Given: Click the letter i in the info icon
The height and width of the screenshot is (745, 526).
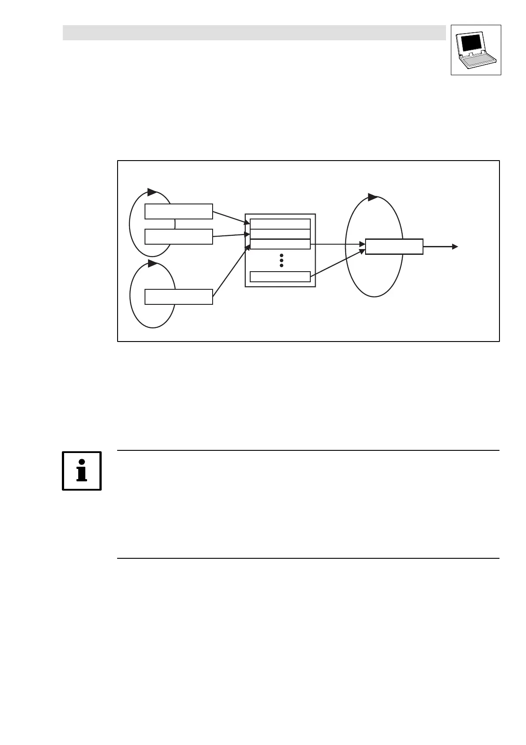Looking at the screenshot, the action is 82,471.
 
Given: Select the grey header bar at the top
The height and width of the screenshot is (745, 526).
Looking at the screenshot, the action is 254,33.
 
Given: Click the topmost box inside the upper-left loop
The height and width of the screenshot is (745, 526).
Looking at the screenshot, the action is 179,211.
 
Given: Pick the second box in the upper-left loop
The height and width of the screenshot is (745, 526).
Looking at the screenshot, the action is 179,237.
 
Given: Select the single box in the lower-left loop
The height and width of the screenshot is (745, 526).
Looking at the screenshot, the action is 179,297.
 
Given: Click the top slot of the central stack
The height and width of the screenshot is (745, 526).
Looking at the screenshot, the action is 280,224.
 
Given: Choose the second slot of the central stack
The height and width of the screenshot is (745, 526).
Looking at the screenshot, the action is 280,234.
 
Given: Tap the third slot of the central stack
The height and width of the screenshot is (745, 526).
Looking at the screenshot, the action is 280,244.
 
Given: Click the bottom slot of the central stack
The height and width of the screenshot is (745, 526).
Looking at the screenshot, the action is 280,277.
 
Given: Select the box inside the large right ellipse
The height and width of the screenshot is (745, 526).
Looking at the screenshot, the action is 394,246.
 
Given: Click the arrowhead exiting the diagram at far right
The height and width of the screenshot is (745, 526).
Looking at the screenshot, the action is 455,246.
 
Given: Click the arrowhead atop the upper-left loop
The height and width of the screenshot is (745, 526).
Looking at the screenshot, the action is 152,192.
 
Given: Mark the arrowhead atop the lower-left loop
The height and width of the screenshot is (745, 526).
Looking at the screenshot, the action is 152,264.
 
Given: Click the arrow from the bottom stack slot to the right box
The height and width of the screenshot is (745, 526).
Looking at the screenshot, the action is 338,264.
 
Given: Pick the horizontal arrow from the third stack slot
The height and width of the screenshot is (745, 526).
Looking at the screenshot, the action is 338,244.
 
